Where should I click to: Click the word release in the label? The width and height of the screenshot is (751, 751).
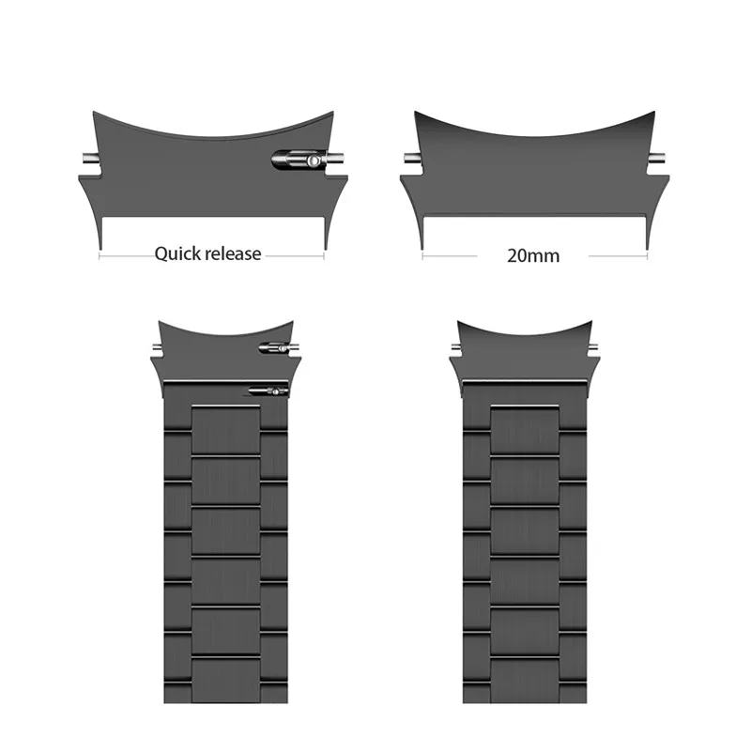coord(229,253)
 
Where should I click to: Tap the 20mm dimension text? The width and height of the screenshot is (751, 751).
coord(532,255)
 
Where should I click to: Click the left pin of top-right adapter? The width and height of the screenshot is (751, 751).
coord(409,161)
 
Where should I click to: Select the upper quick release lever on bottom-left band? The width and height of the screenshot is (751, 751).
coord(274,348)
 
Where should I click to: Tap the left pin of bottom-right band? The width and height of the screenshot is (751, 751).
coord(455,347)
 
